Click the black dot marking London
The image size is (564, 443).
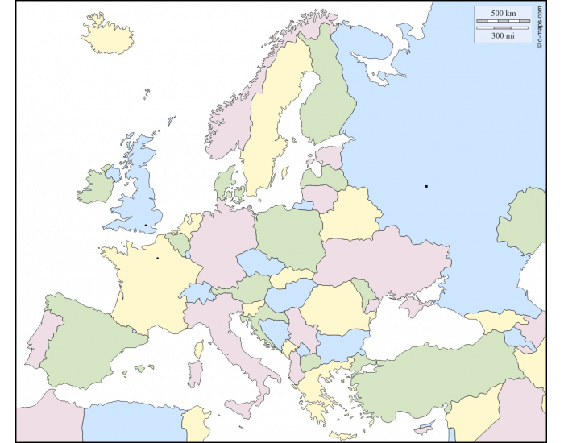point(145,226)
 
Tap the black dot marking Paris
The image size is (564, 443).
point(157,258)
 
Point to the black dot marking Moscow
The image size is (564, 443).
point(426,186)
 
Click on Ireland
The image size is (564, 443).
point(96,187)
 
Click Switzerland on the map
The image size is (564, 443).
point(196,292)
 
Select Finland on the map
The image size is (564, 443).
point(326,97)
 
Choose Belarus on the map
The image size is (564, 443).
point(350,213)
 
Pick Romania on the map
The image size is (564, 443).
point(336,306)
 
